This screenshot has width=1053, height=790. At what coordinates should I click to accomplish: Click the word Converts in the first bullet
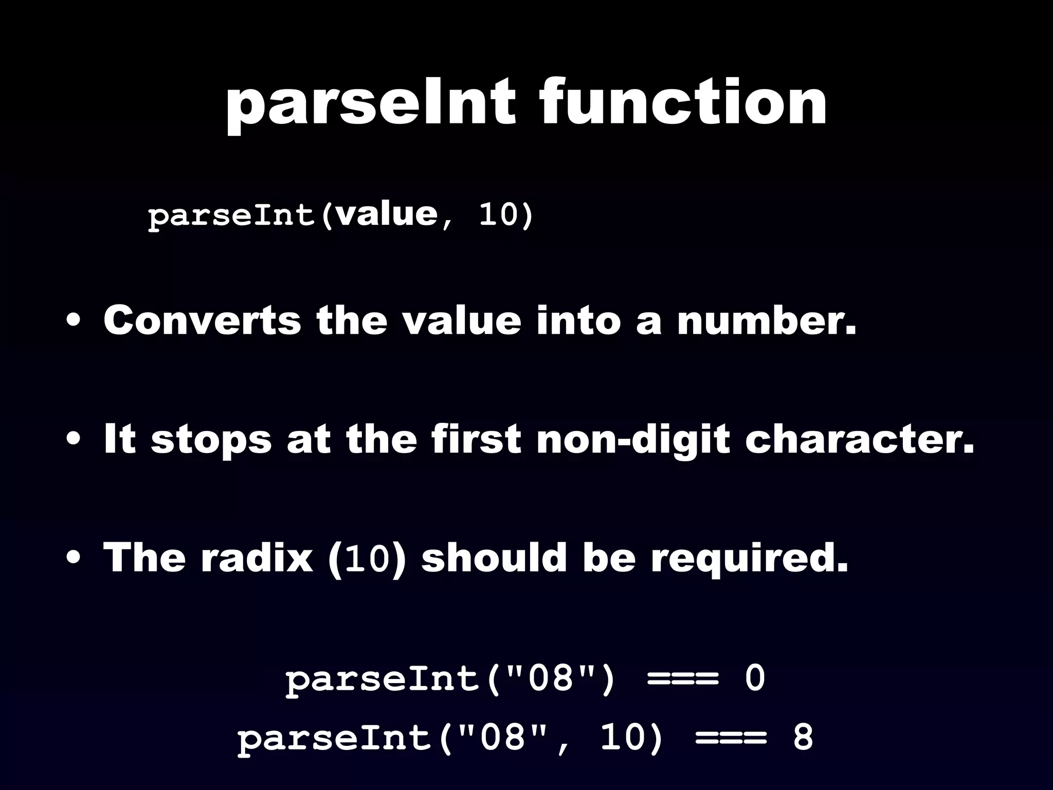(202, 320)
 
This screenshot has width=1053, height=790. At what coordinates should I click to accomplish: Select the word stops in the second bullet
(211, 440)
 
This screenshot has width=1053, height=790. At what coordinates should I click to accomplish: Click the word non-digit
(633, 440)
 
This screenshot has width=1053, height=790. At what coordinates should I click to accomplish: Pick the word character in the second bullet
(860, 440)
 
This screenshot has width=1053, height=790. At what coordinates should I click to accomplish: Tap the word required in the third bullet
(749, 559)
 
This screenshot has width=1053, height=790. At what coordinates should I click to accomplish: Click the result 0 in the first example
(755, 678)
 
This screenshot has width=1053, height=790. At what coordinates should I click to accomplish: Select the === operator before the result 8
(731, 738)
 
